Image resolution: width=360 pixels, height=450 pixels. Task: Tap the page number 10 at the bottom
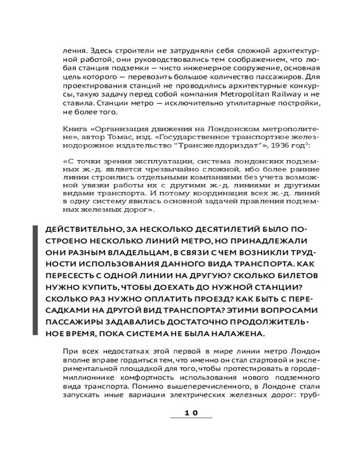pyautogui.click(x=191, y=412)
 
